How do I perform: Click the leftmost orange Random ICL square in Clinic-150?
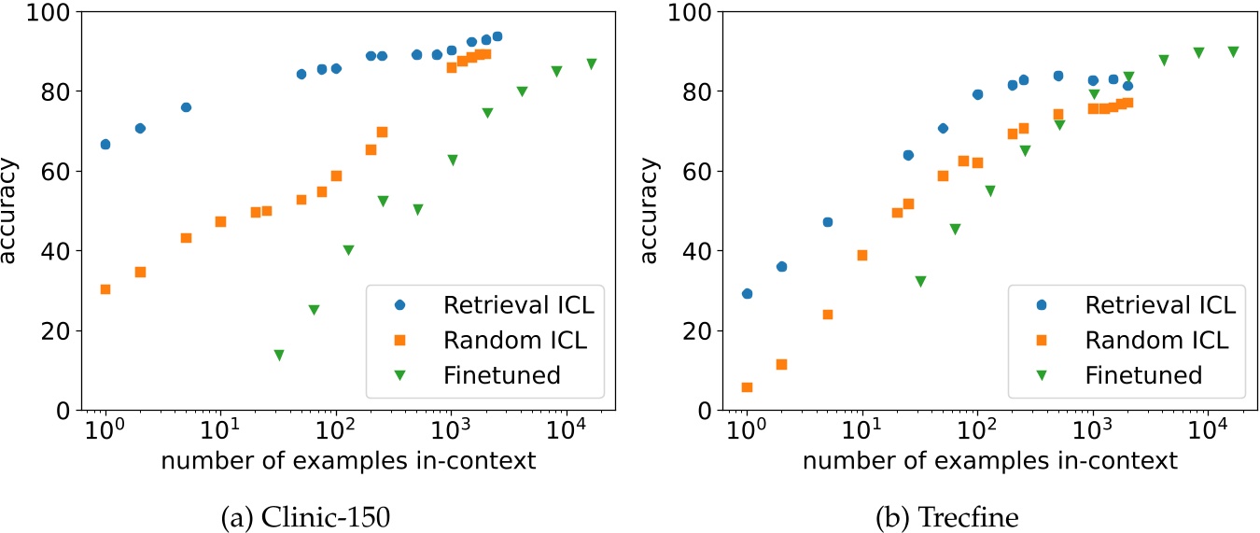click(105, 289)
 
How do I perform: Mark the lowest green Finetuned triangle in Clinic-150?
click(278, 355)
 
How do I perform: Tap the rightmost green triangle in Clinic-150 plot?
click(591, 63)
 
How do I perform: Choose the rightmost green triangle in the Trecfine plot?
click(1233, 52)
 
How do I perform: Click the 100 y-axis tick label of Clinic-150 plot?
click(58, 12)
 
